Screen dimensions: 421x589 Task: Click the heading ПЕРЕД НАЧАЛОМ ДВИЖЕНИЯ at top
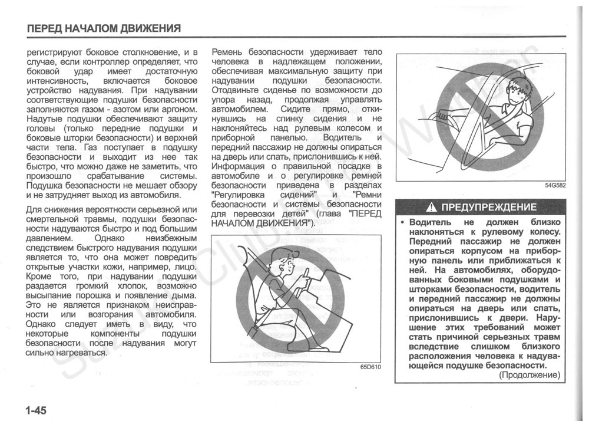(x=103, y=28)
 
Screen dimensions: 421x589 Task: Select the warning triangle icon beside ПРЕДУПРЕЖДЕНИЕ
(x=432, y=208)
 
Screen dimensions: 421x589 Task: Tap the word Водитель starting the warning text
(x=430, y=223)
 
